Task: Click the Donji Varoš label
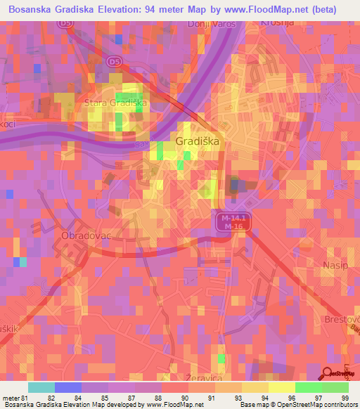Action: point(213,25)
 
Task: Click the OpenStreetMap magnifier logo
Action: point(328,374)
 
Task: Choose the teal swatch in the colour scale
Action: point(41,387)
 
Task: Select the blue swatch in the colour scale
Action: point(67,387)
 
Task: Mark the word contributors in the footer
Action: point(337,405)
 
